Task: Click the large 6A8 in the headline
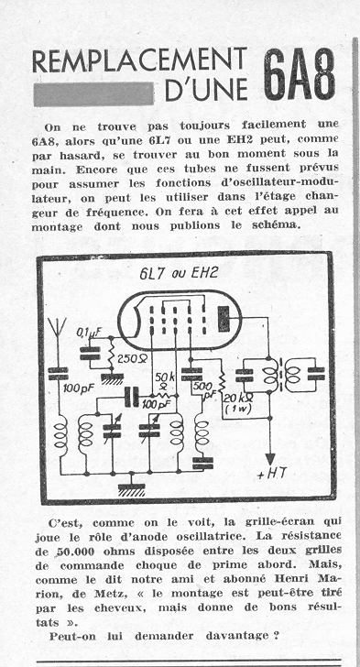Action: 300,74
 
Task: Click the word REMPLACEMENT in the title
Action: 139,61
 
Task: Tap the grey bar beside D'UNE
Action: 93,93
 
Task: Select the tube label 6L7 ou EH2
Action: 179,273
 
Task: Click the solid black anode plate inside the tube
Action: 224,319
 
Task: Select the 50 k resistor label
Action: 161,381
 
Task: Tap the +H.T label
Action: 272,475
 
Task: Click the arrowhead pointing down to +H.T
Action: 270,459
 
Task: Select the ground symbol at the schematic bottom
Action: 131,488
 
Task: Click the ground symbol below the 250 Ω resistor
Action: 112,377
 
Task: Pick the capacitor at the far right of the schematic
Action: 316,374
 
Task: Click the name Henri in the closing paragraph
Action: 292,578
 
